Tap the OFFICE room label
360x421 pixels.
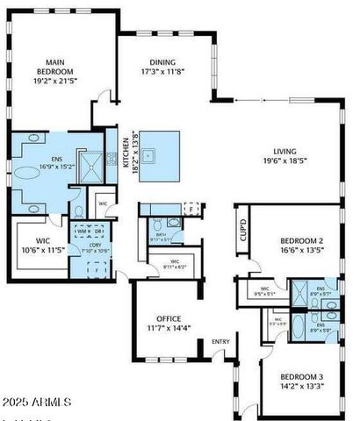[x=169, y=318]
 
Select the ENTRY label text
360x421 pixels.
[x=221, y=342]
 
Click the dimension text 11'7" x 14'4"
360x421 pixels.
[x=169, y=328]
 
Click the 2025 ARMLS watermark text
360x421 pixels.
[x=36, y=402]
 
